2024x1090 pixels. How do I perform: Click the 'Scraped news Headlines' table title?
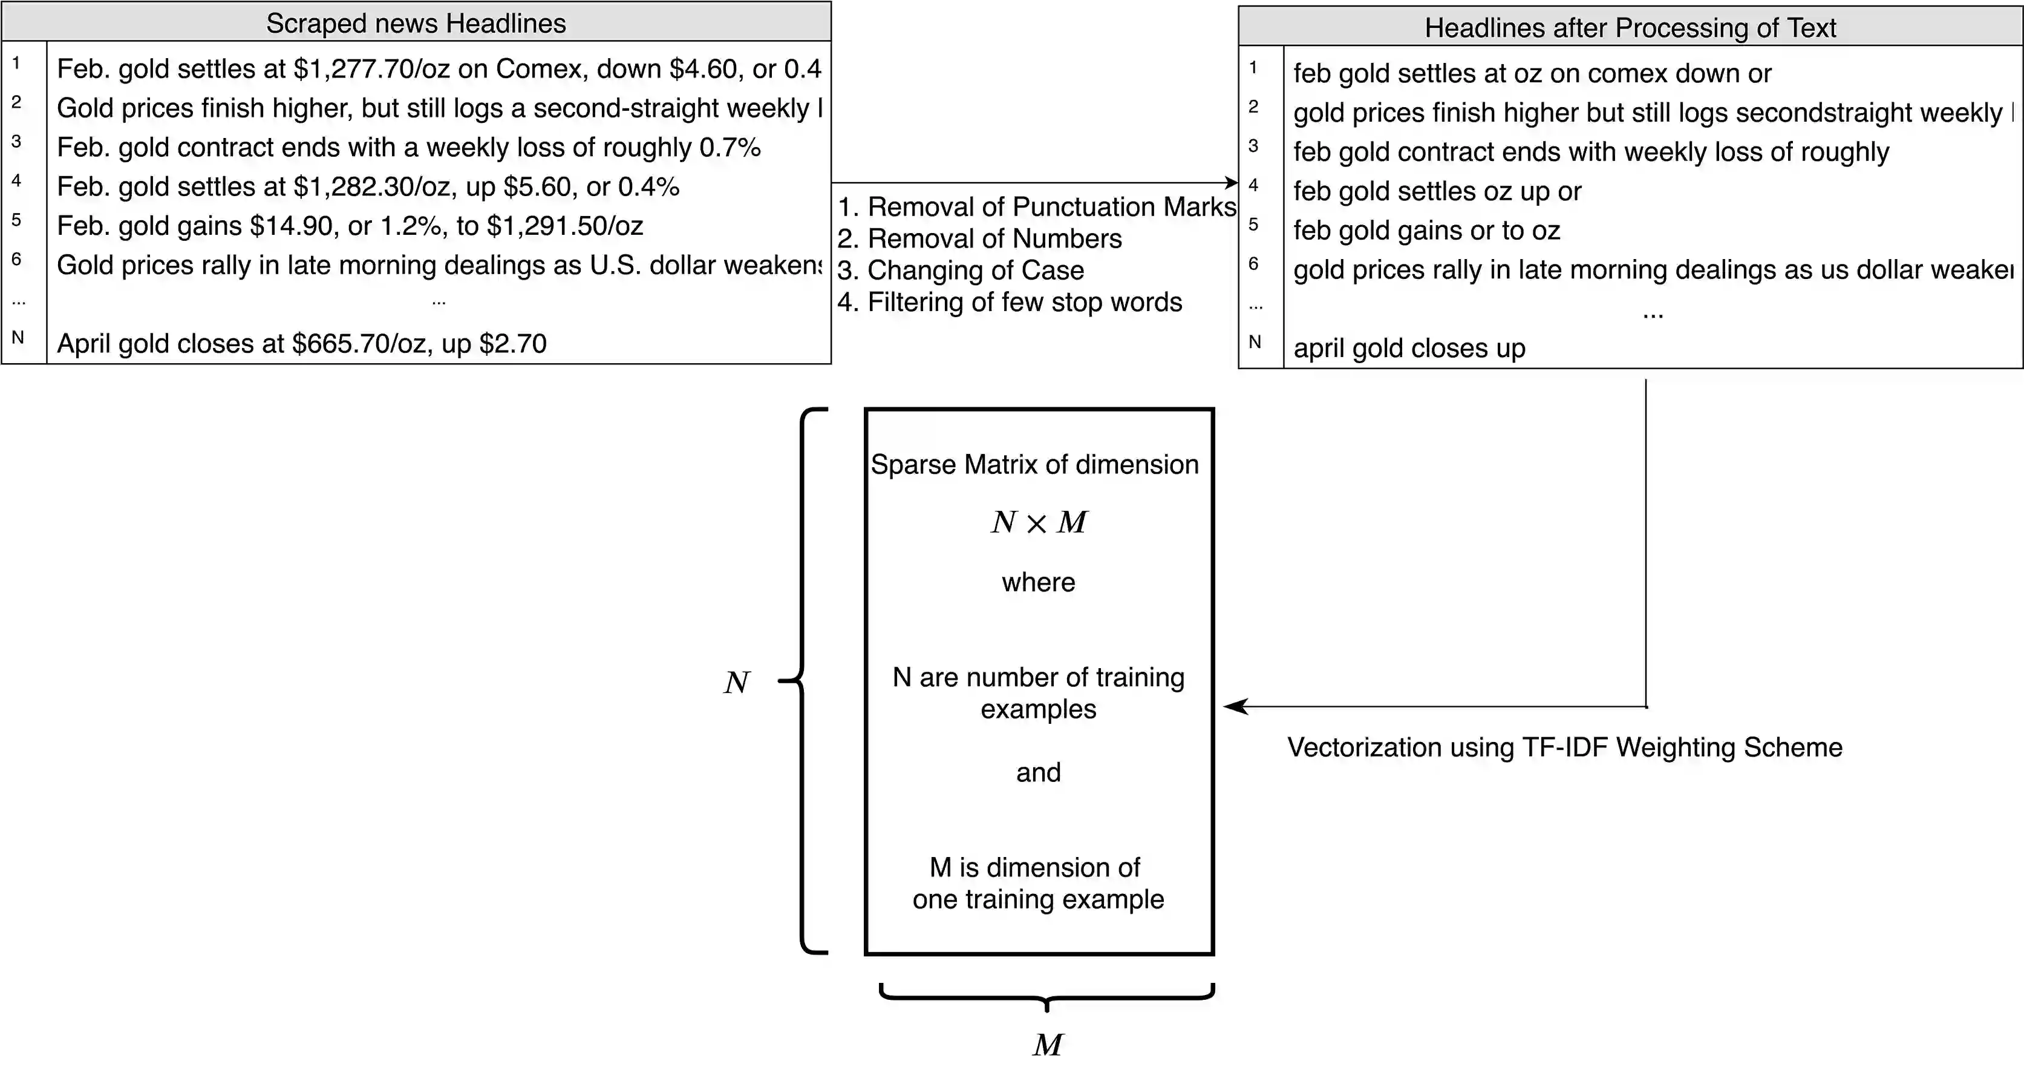click(416, 24)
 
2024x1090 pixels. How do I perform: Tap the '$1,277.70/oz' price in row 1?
click(371, 69)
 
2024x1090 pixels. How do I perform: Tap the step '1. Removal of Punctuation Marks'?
click(1036, 208)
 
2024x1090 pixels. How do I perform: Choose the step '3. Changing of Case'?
click(960, 271)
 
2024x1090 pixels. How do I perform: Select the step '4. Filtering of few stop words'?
click(1010, 303)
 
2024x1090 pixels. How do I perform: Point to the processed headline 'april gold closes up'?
click(1409, 348)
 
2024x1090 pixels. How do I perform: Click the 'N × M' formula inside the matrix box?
click(1039, 522)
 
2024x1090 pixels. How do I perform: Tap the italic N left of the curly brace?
click(736, 682)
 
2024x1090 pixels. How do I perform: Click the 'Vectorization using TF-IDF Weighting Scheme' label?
click(1564, 747)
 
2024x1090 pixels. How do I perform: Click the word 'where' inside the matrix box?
click(1038, 582)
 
